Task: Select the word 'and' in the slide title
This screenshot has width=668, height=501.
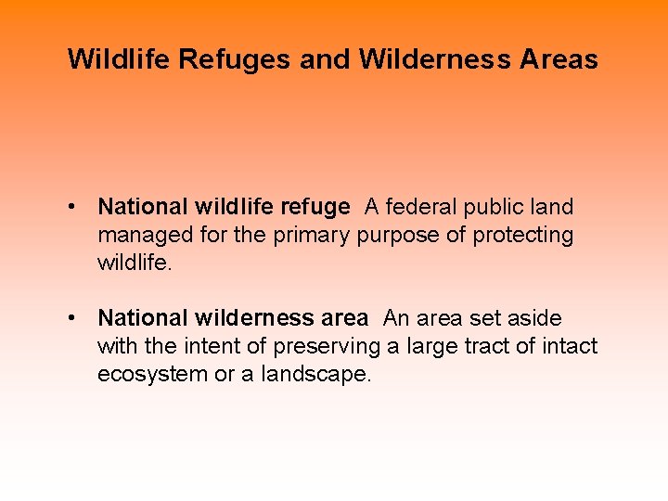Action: [x=325, y=60]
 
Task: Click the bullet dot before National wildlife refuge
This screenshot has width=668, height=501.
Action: [x=71, y=207]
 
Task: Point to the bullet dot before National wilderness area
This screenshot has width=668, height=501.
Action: [x=71, y=318]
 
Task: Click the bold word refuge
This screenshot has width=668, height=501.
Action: [x=315, y=207]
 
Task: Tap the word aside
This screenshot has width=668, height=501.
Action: [x=535, y=318]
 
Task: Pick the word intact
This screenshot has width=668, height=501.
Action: [x=567, y=346]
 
